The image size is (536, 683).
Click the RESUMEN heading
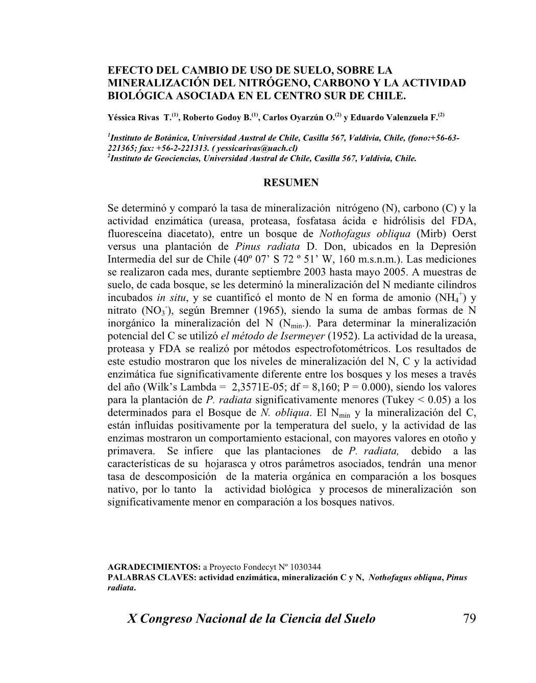[x=291, y=183]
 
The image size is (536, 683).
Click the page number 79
[x=469, y=619]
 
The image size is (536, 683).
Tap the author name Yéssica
[x=122, y=117]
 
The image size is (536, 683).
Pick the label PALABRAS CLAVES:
[x=152, y=577]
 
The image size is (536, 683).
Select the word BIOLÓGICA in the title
[x=136, y=95]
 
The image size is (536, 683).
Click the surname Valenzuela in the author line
[x=407, y=117]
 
